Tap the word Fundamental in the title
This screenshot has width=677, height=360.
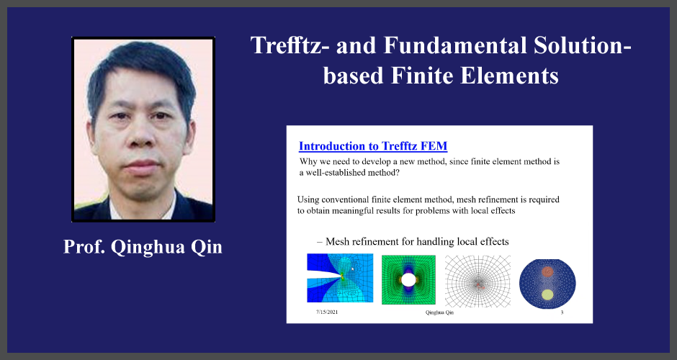point(455,45)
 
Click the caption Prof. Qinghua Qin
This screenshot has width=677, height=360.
point(143,247)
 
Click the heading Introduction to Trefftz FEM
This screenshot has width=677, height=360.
point(373,146)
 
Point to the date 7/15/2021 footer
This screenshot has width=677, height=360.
point(327,312)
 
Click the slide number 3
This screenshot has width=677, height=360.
point(562,312)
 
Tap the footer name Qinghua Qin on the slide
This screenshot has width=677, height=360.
point(439,312)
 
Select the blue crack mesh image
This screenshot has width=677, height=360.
point(340,278)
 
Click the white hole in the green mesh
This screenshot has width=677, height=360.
point(408,279)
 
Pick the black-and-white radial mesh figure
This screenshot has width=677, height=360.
point(478,281)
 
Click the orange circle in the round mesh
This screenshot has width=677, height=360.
point(547,271)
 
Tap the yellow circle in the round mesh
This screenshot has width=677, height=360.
point(547,294)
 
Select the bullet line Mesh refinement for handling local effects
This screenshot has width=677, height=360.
point(413,241)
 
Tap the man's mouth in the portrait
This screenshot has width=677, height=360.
point(141,166)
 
